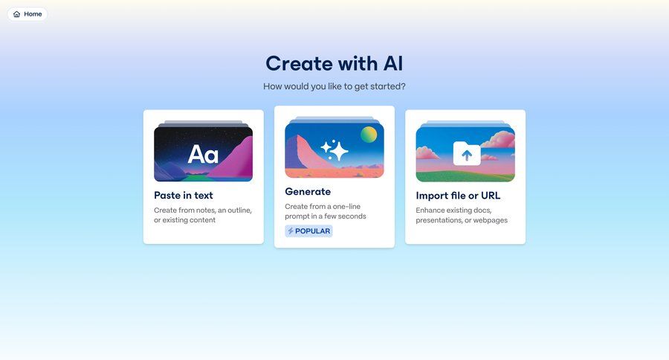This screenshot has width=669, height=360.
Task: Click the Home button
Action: tap(28, 14)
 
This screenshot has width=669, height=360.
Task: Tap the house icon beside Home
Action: tap(17, 14)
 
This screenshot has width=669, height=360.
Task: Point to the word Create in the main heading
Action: tap(297, 63)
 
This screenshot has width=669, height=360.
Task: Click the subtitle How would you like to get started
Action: tap(334, 86)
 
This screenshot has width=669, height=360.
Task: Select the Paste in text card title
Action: tap(184, 196)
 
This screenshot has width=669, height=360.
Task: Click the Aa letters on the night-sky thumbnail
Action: tap(203, 154)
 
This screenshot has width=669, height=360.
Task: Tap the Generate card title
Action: tap(308, 192)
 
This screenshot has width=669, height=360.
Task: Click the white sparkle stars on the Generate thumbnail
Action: tap(334, 150)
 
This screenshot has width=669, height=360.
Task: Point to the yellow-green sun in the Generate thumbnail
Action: tap(369, 135)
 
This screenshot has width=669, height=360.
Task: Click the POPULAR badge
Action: tap(308, 231)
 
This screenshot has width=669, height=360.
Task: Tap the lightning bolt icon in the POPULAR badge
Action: tap(291, 231)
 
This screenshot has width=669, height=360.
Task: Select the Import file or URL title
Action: tap(458, 196)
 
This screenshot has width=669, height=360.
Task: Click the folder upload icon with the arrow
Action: tap(466, 154)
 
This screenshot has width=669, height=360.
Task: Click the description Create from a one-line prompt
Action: tap(326, 211)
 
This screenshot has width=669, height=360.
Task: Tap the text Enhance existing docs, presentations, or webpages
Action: tap(462, 215)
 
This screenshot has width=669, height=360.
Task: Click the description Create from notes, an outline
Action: tap(203, 215)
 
